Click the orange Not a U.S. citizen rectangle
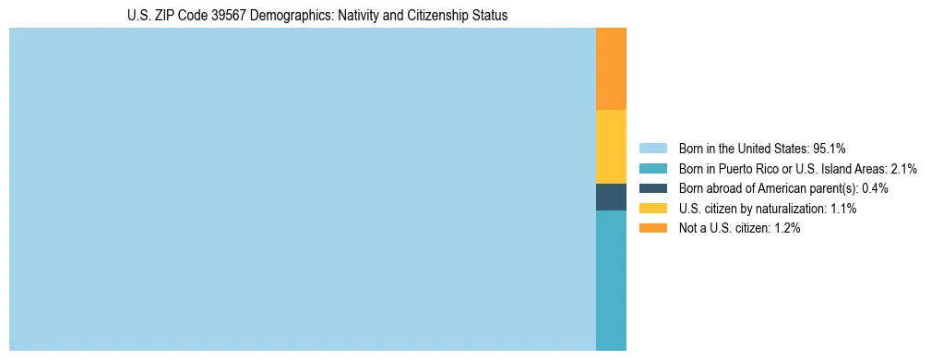pyautogui.click(x=611, y=68)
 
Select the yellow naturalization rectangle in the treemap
pyautogui.click(x=611, y=147)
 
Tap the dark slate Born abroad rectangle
pyautogui.click(x=611, y=197)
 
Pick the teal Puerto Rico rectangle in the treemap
pyautogui.click(x=611, y=281)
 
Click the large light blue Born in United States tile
pyautogui.click(x=303, y=189)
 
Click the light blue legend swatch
pyautogui.click(x=652, y=148)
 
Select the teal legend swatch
pyautogui.click(x=652, y=168)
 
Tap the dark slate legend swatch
pyautogui.click(x=652, y=188)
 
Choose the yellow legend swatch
pyautogui.click(x=652, y=209)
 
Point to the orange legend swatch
pyautogui.click(x=652, y=229)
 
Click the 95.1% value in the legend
pyautogui.click(x=830, y=148)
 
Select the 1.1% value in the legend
pyautogui.click(x=843, y=209)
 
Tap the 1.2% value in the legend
pyautogui.click(x=786, y=229)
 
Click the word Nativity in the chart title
pyautogui.click(x=352, y=16)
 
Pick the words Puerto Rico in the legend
pyautogui.click(x=742, y=168)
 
